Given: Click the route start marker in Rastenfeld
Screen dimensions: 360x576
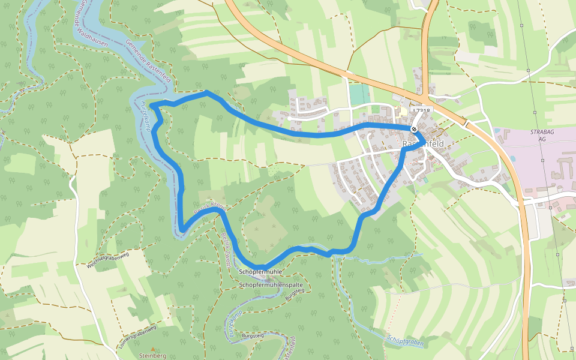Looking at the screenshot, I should [414, 129].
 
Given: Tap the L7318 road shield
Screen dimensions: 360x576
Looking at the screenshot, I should [422, 111].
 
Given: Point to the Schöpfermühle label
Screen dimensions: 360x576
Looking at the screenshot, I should [260, 272].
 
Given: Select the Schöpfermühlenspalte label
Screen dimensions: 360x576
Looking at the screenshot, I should [271, 284].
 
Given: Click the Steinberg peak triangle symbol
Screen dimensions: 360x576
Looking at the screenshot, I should [152, 349].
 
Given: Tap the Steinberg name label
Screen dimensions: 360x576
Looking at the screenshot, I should [152, 356].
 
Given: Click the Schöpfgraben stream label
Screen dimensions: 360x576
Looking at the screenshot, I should [406, 341].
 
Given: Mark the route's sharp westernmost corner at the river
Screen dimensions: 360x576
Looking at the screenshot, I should [151, 106].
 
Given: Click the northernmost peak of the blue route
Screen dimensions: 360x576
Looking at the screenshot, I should [206, 92].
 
